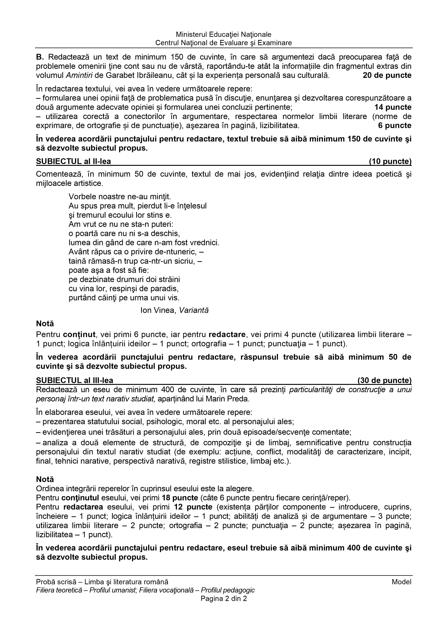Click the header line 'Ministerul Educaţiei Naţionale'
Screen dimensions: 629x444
224,35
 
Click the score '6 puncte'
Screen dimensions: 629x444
394,126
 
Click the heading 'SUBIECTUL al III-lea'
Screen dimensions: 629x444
74,380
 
